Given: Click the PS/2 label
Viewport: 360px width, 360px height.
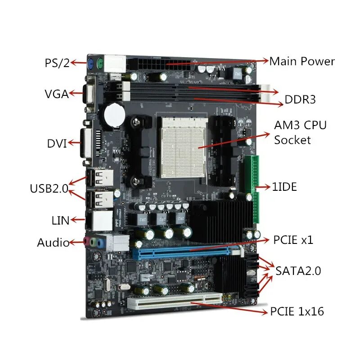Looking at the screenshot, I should coord(57,63).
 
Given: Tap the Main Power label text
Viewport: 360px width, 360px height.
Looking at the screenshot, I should coord(302,61).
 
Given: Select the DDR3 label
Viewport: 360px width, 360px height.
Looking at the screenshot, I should coord(300,99).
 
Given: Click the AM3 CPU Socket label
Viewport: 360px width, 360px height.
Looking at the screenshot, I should coord(300,132).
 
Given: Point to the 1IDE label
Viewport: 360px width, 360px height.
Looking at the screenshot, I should coord(284,187).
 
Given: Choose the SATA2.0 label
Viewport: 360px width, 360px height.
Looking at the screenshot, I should coord(298,271).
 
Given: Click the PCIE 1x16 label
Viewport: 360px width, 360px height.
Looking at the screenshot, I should coord(297,311).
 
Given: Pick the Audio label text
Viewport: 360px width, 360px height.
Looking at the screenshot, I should coord(53,243).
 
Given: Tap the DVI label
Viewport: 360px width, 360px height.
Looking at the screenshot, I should coord(57,144).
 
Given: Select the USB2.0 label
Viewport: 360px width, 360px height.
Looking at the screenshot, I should coord(49,188).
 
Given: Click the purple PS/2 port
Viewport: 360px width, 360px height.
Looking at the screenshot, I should coord(90,63).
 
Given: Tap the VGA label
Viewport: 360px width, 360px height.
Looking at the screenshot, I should coord(56,94).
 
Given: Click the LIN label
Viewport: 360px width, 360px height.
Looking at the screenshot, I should coord(60,220).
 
